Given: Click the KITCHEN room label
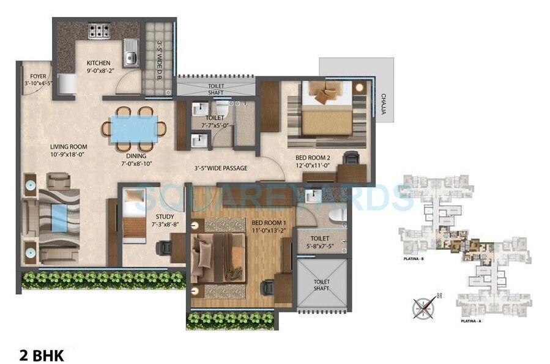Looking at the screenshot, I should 98,63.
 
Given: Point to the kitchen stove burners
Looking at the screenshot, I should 98,31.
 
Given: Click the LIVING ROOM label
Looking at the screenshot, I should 69,147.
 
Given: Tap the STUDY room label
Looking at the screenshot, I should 165,217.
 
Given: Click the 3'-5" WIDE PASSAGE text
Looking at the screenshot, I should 221,168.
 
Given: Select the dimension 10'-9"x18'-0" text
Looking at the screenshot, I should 69,155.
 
